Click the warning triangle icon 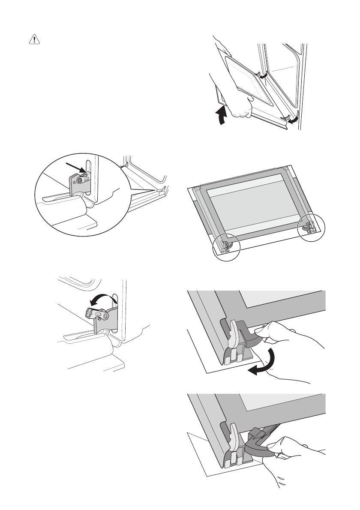point(33,39)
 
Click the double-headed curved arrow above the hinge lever point(101,298)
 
